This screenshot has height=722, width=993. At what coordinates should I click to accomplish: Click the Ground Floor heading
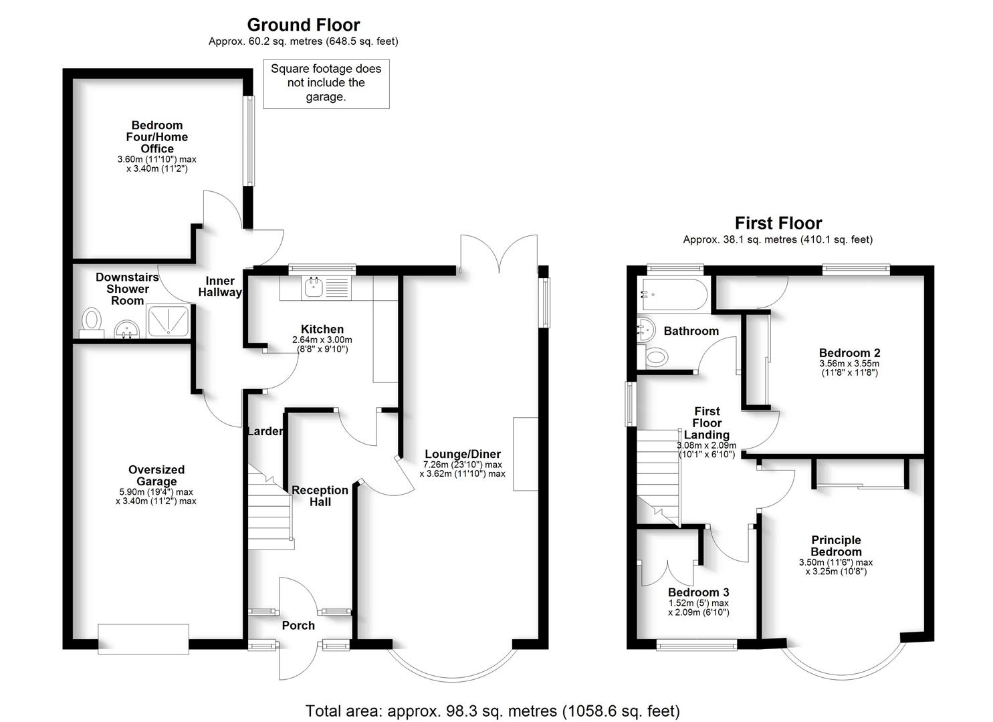[x=304, y=25]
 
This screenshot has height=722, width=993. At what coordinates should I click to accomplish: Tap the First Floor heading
[x=778, y=223]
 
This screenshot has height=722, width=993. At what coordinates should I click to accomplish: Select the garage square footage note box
[x=326, y=84]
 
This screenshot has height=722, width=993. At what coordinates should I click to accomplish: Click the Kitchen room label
[x=322, y=329]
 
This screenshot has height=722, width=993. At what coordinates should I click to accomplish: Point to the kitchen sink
[x=314, y=287]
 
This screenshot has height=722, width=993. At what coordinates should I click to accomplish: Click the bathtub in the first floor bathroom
[x=673, y=293]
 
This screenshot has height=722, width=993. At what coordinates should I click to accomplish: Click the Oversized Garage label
[x=156, y=475]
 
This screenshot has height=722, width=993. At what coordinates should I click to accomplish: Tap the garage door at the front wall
[x=143, y=638]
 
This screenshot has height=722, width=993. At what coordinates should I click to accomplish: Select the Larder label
[x=265, y=431]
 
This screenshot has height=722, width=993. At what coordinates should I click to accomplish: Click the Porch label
[x=298, y=626]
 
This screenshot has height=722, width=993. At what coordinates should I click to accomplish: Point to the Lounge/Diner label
[x=463, y=454]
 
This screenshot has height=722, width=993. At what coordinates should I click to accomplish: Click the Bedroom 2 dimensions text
[x=849, y=368]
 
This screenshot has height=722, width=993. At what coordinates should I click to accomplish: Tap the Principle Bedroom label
[x=836, y=546]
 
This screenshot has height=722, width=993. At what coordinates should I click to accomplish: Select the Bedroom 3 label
[x=698, y=592]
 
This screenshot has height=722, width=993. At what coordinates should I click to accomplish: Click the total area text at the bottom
[x=492, y=710]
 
